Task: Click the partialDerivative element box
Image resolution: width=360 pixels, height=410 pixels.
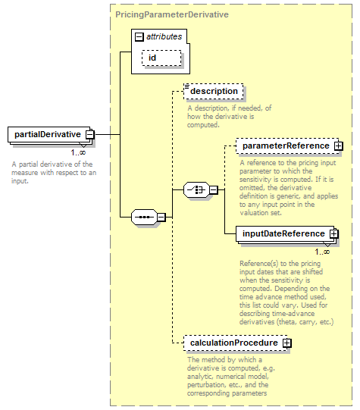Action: tap(49, 135)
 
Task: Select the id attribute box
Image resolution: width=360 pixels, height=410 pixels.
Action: tap(161, 58)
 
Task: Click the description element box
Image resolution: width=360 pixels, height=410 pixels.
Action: tap(213, 91)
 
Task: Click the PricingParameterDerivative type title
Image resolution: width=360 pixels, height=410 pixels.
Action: tap(172, 14)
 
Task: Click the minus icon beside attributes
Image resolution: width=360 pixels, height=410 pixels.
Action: tap(139, 37)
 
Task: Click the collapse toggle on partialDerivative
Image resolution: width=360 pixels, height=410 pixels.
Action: tap(90, 135)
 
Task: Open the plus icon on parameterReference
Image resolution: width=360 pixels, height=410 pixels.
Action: tap(339, 146)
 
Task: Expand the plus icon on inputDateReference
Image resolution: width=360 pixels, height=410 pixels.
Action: tap(334, 233)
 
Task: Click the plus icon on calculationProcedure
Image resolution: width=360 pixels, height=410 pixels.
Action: tap(286, 343)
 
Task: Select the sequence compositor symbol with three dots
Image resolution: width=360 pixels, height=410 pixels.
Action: tap(144, 217)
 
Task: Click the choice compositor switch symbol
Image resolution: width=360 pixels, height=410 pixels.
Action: tap(196, 189)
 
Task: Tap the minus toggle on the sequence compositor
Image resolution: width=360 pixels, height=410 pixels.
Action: tap(161, 217)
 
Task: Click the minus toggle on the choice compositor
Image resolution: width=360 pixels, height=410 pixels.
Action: tap(214, 189)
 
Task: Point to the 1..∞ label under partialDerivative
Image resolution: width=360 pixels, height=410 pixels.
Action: tap(78, 152)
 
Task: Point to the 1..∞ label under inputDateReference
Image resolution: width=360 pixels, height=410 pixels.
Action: tap(322, 252)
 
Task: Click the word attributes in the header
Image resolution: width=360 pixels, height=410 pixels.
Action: tap(164, 36)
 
